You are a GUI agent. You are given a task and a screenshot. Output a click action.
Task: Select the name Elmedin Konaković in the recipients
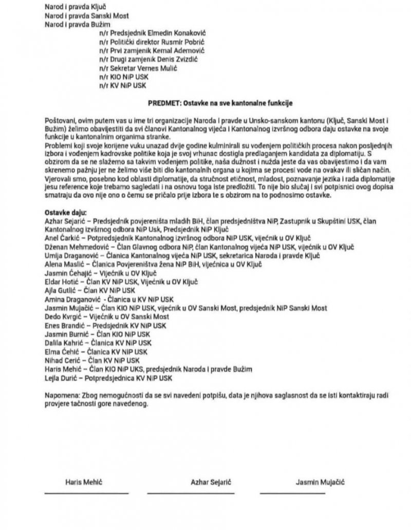168,33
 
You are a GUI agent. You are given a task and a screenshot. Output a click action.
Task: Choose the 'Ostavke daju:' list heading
66,212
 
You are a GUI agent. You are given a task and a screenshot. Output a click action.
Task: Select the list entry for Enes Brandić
105,325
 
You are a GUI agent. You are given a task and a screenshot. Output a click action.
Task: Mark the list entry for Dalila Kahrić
98,342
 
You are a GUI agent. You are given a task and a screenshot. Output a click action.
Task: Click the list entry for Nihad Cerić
92,360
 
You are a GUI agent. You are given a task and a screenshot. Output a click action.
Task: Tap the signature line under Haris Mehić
79,493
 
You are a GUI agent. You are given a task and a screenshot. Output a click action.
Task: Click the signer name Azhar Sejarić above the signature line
211,482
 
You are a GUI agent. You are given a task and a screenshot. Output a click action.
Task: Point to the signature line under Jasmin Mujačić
293,493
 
